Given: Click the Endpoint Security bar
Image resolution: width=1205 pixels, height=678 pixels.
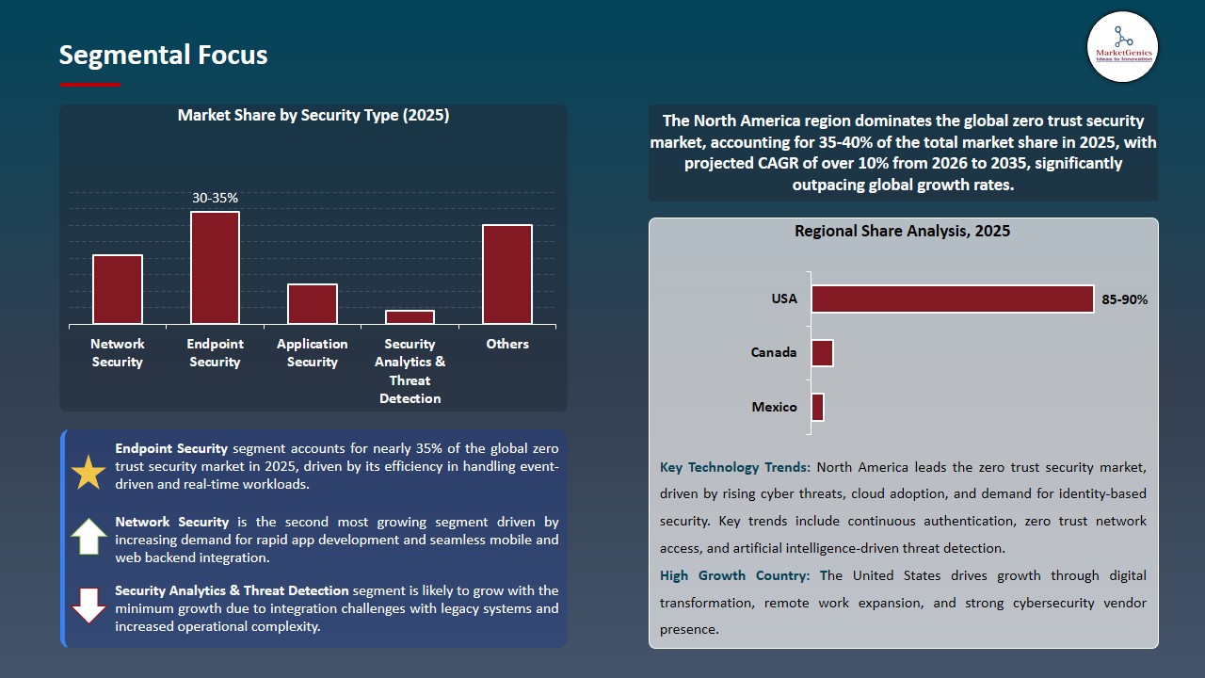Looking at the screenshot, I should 215,268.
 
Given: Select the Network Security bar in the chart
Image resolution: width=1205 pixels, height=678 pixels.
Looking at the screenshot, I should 118,290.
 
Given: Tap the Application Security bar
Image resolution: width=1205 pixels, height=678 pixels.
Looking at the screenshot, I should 313,304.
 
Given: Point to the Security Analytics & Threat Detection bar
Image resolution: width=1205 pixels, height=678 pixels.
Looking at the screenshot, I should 410,317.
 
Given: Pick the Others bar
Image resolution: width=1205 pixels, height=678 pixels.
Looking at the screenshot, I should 507,275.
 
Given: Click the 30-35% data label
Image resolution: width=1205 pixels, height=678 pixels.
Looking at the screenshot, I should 215,198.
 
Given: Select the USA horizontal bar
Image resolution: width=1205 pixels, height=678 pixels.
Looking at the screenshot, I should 952,299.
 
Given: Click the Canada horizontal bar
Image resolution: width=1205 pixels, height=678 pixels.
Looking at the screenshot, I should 822,353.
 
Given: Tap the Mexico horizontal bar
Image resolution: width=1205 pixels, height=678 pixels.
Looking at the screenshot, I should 817,407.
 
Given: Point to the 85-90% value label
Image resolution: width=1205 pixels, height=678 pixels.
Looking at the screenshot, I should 1124,299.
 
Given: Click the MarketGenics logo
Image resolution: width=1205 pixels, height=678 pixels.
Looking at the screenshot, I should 1122,46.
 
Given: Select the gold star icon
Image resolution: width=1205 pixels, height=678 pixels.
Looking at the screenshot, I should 88,473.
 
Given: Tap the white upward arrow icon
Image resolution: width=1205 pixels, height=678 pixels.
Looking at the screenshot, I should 88,536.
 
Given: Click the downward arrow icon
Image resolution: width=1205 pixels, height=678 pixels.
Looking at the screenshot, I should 88,605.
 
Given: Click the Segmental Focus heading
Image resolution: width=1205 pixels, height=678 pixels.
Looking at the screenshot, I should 163,55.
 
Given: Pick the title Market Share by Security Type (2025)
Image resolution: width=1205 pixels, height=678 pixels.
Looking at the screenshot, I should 313,115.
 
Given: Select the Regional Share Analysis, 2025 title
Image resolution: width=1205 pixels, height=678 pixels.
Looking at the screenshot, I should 902,231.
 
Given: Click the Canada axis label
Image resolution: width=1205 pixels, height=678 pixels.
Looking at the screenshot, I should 774,352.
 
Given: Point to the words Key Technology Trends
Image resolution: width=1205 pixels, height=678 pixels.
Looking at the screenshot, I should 734,467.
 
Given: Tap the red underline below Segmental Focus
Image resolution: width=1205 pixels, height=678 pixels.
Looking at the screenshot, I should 90,85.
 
